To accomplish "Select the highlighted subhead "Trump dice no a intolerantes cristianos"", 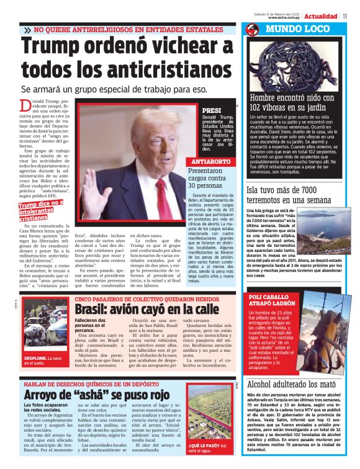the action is (x=40, y=210).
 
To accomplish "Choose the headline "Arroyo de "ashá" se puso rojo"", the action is (x=96, y=395).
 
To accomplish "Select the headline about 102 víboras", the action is (x=292, y=102).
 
